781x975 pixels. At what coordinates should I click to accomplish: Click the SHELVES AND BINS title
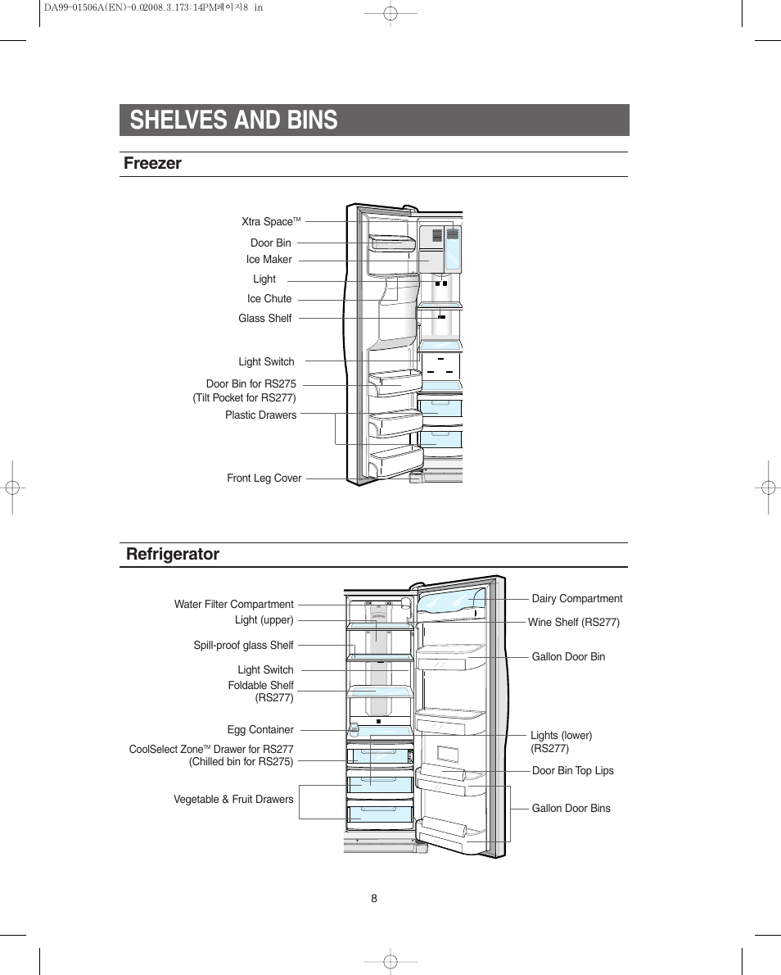[x=233, y=120]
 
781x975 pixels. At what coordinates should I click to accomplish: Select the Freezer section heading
[x=152, y=163]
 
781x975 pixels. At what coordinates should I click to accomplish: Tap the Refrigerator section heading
[x=173, y=554]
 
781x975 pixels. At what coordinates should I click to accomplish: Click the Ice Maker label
[x=269, y=260]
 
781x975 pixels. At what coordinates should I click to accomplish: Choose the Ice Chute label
[x=269, y=299]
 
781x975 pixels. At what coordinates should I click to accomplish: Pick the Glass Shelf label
[x=264, y=319]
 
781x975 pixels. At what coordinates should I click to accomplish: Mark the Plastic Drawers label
[x=260, y=415]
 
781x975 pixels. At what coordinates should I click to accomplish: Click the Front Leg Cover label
[x=264, y=478]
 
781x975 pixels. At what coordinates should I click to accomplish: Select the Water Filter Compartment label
[x=233, y=605]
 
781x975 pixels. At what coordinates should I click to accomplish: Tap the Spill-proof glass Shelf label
[x=243, y=646]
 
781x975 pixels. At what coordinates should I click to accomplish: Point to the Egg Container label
[x=260, y=730]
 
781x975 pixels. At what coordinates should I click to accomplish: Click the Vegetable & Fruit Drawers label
[x=232, y=800]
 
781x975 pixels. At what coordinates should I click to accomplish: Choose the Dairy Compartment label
[x=576, y=599]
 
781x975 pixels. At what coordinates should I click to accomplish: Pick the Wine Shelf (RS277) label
[x=573, y=623]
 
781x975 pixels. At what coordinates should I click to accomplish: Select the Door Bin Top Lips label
[x=572, y=771]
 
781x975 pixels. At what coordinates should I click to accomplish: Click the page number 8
[x=374, y=898]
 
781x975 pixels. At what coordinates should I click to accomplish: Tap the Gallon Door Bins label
[x=571, y=809]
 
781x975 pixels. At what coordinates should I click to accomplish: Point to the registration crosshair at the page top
[x=390, y=13]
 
